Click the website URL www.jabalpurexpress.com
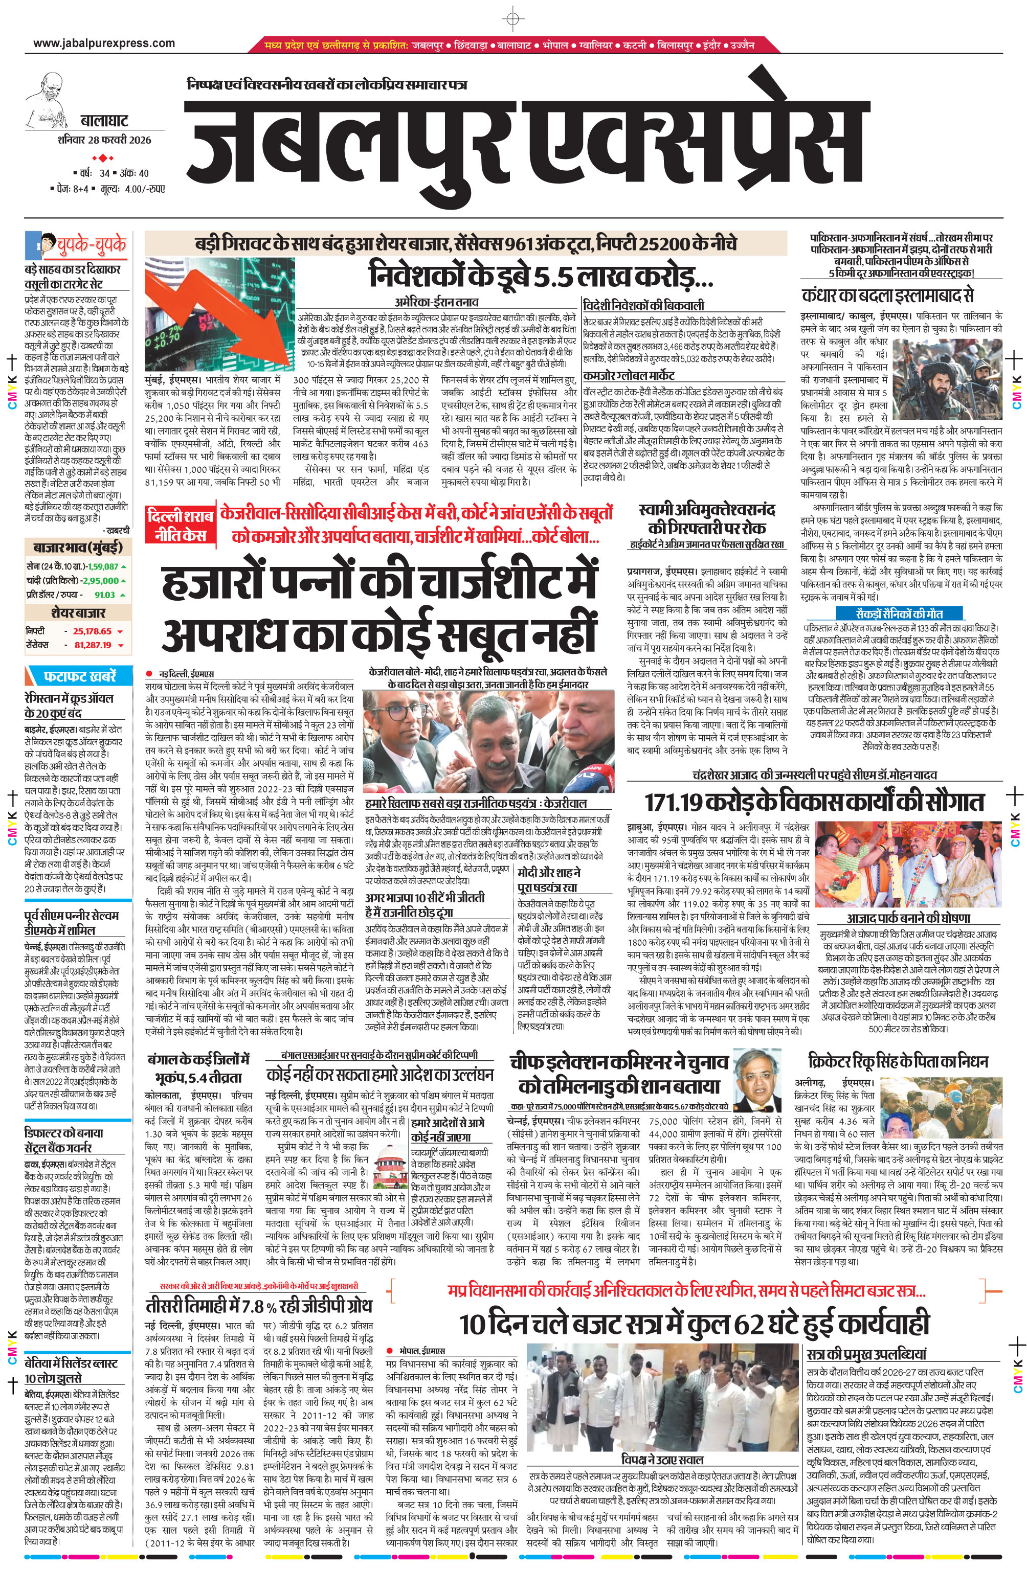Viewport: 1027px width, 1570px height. point(104,43)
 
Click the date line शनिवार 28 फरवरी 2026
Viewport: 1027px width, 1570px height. point(104,140)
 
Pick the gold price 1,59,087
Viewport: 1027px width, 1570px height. point(102,566)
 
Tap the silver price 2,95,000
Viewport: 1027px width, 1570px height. point(100,580)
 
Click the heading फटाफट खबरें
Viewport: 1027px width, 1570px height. point(80,676)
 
